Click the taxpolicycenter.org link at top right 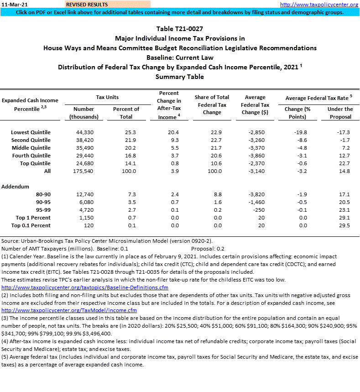(325, 4)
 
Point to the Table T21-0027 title (180, 29)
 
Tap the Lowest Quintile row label (31, 132)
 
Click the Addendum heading (16, 187)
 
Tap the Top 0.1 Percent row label (31, 225)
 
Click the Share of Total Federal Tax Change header (212, 105)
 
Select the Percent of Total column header (126, 113)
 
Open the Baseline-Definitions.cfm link (85, 288)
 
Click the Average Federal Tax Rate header (318, 98)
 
